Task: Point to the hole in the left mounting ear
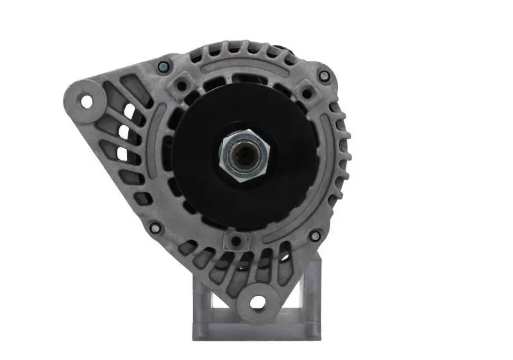click(x=85, y=101)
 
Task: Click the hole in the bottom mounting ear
click(x=258, y=302)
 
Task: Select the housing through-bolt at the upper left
click(x=164, y=65)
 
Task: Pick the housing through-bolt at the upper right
click(x=324, y=76)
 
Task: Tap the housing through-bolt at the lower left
click(x=155, y=227)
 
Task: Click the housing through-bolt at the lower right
click(x=314, y=236)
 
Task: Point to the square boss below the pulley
click(x=236, y=241)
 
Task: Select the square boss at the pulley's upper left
click(x=181, y=85)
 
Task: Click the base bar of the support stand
click(x=256, y=330)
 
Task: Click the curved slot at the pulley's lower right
click(x=301, y=221)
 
